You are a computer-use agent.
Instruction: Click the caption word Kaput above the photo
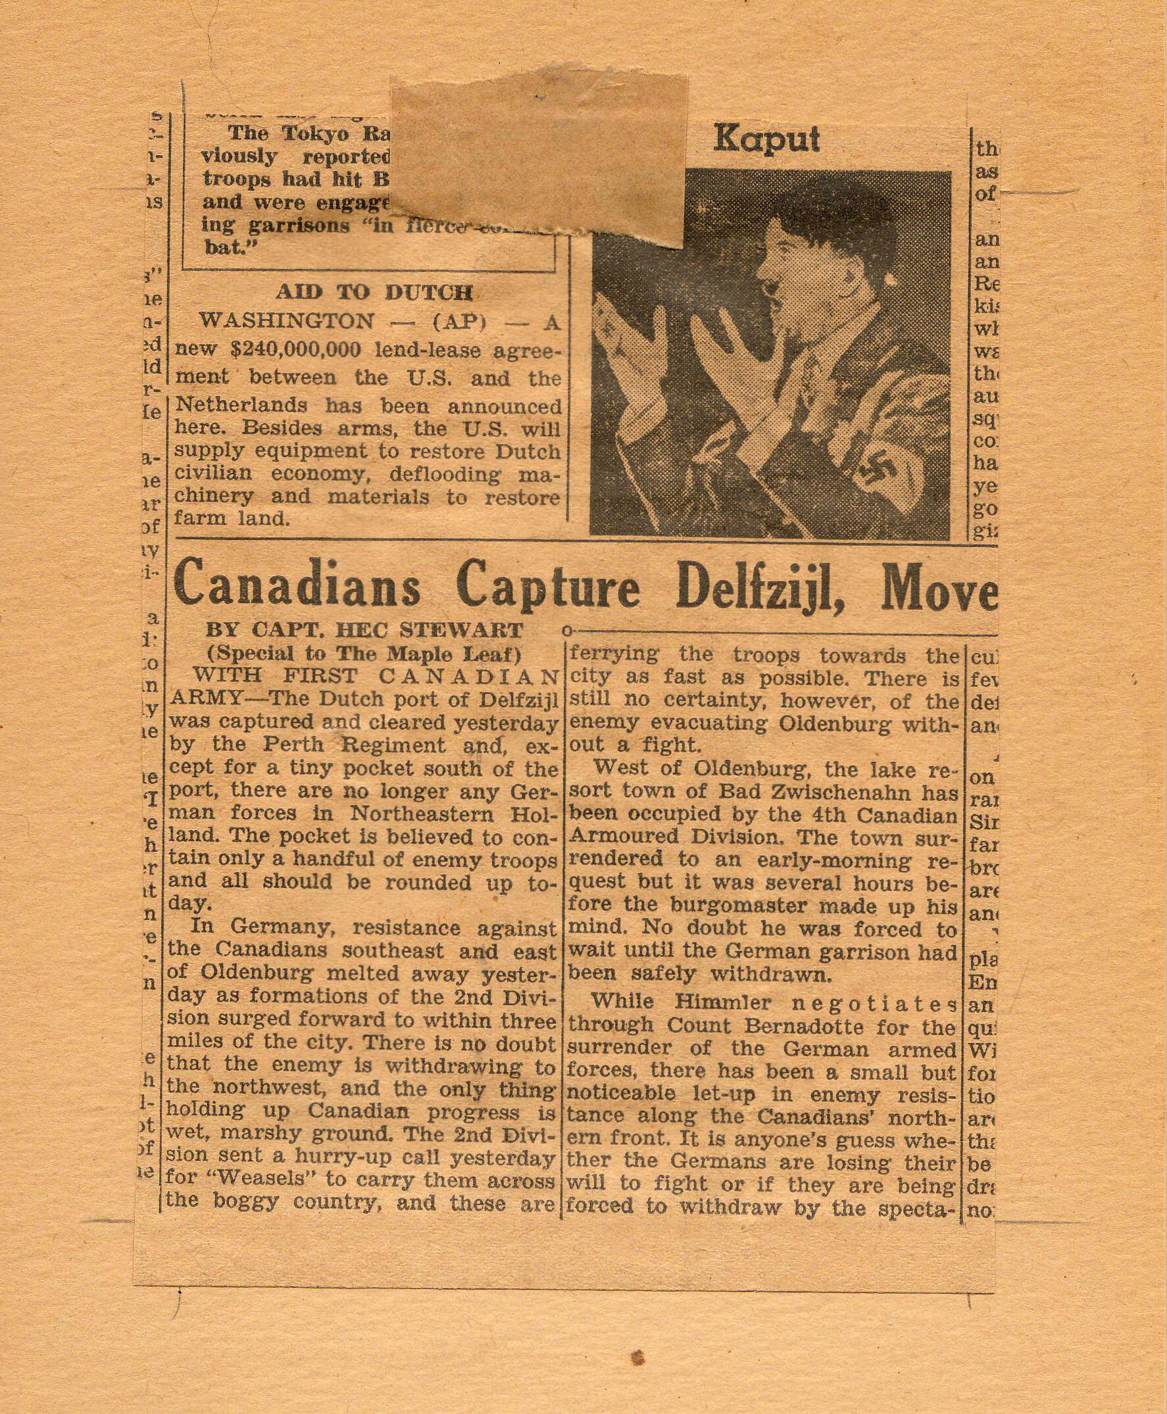[x=766, y=139]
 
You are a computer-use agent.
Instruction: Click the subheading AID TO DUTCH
[x=374, y=293]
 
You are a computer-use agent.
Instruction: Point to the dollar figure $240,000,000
[x=296, y=350]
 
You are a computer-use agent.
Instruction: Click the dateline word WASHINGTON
[x=287, y=321]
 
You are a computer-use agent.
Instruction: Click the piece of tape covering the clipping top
[x=538, y=155]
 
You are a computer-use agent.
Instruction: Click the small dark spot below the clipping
[x=638, y=1353]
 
